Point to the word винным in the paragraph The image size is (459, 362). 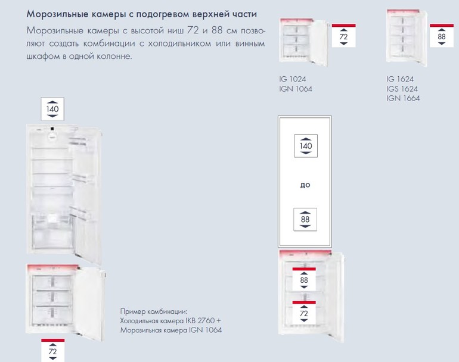pos(250,43)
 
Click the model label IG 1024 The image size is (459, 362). pos(293,79)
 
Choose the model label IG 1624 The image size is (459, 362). pos(400,79)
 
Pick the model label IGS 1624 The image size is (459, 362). pos(402,89)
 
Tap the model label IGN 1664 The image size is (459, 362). pos(403,98)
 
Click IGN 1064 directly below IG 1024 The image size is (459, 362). pos(296,89)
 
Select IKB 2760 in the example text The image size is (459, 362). pos(200,320)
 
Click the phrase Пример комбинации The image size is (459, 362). pos(153,311)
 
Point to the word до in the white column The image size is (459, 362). pos(305,185)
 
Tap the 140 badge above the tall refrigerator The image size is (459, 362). pos(52,109)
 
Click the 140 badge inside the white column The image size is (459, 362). pos(306,146)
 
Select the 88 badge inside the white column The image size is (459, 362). pos(305,219)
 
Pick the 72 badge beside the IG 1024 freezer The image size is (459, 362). pos(344,36)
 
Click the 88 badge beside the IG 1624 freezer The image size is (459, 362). pos(442,36)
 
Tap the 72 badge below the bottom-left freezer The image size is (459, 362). pos(52,350)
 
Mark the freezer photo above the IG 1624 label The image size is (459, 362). pos(407,38)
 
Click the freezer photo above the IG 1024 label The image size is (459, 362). pos(303,42)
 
